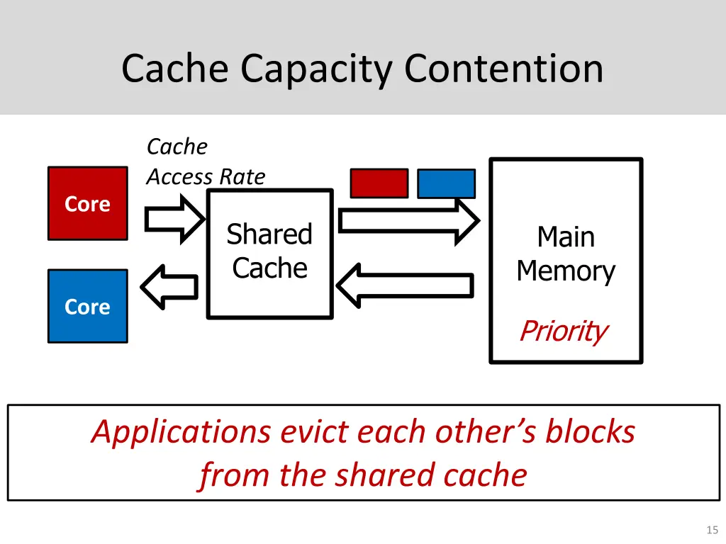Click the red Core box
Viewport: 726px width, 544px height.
(x=87, y=203)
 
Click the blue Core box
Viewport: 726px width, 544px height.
(x=87, y=306)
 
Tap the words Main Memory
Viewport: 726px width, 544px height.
(x=565, y=254)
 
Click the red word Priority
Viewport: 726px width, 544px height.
(x=563, y=330)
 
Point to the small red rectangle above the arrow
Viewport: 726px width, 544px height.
(x=379, y=183)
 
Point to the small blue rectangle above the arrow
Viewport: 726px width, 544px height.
(x=446, y=183)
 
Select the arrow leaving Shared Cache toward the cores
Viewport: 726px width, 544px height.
(x=170, y=287)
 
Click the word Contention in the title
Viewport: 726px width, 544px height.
(x=503, y=69)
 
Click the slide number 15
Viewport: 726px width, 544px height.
(x=712, y=530)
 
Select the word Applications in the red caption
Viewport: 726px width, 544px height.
(x=181, y=432)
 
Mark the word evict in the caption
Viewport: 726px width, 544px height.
(x=311, y=432)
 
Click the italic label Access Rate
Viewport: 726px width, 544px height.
(x=206, y=176)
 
